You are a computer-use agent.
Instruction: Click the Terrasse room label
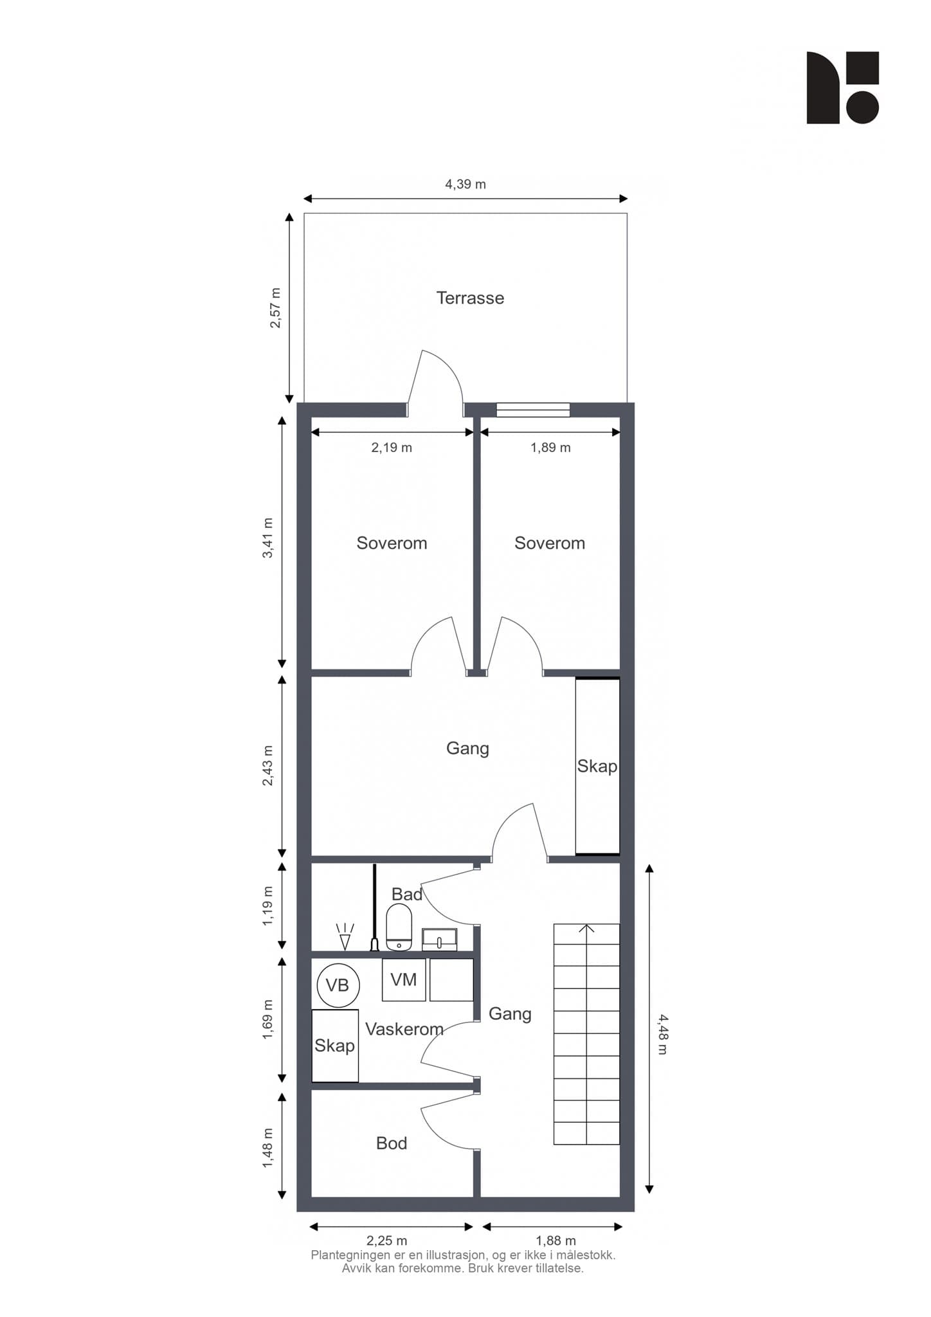(470, 298)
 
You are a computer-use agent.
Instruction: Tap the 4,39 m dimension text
(465, 185)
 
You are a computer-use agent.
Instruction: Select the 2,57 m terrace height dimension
(275, 308)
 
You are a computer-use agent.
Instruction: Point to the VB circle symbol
(338, 985)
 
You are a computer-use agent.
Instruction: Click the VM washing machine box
(404, 979)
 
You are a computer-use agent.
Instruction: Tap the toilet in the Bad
(399, 927)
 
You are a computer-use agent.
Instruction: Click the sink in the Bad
(440, 940)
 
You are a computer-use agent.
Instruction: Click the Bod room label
(392, 1143)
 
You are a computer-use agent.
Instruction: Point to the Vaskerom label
(404, 1029)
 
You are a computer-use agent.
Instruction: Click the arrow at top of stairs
(586, 929)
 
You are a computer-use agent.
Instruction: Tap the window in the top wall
(533, 410)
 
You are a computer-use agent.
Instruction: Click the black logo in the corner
(843, 87)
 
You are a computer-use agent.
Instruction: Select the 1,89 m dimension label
(550, 448)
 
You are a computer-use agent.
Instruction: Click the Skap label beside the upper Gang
(597, 767)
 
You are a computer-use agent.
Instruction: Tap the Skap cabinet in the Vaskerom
(335, 1046)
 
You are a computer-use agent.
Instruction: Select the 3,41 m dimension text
(267, 538)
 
